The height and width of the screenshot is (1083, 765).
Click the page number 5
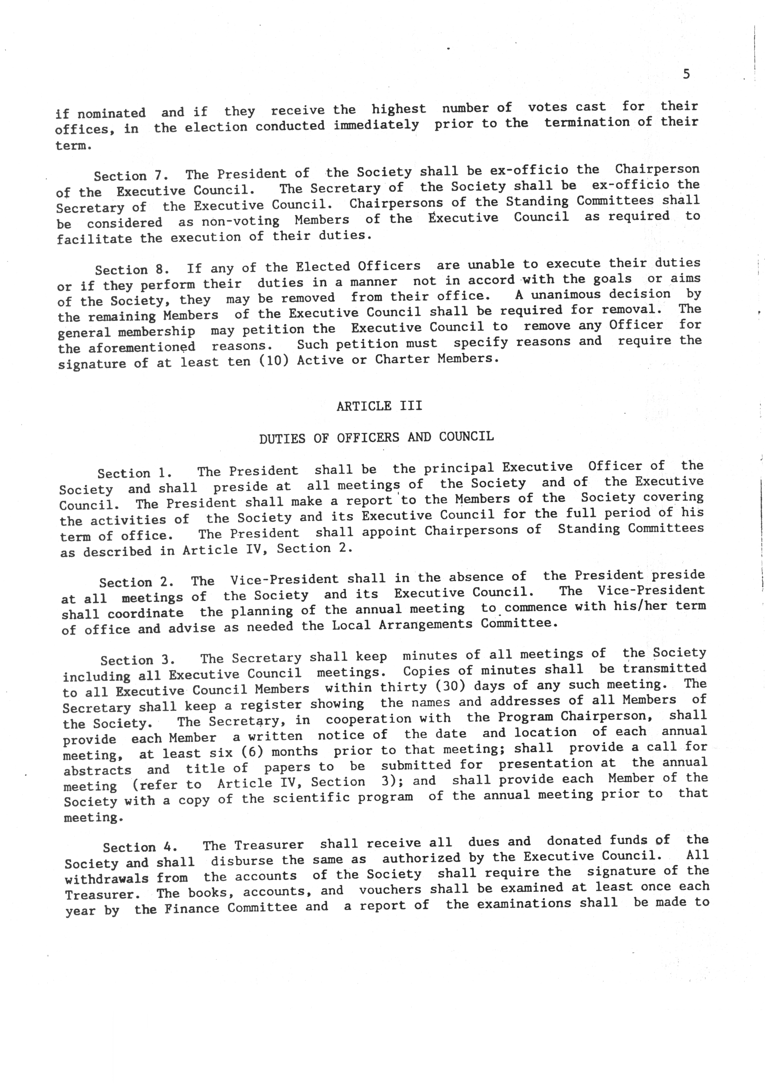point(686,74)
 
